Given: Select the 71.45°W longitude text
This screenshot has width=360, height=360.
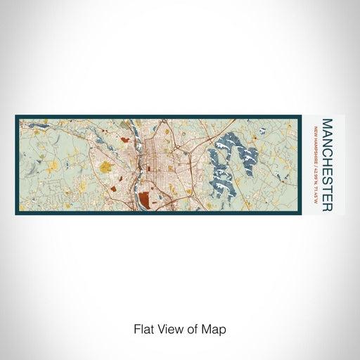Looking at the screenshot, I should point(316,184).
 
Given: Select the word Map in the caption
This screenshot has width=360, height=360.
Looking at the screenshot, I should point(215,328).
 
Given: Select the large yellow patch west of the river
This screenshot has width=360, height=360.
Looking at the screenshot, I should point(106,167).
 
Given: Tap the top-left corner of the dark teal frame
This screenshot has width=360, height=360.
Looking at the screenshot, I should point(16,116).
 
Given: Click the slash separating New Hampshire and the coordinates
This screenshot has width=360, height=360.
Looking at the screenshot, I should point(316,159).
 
